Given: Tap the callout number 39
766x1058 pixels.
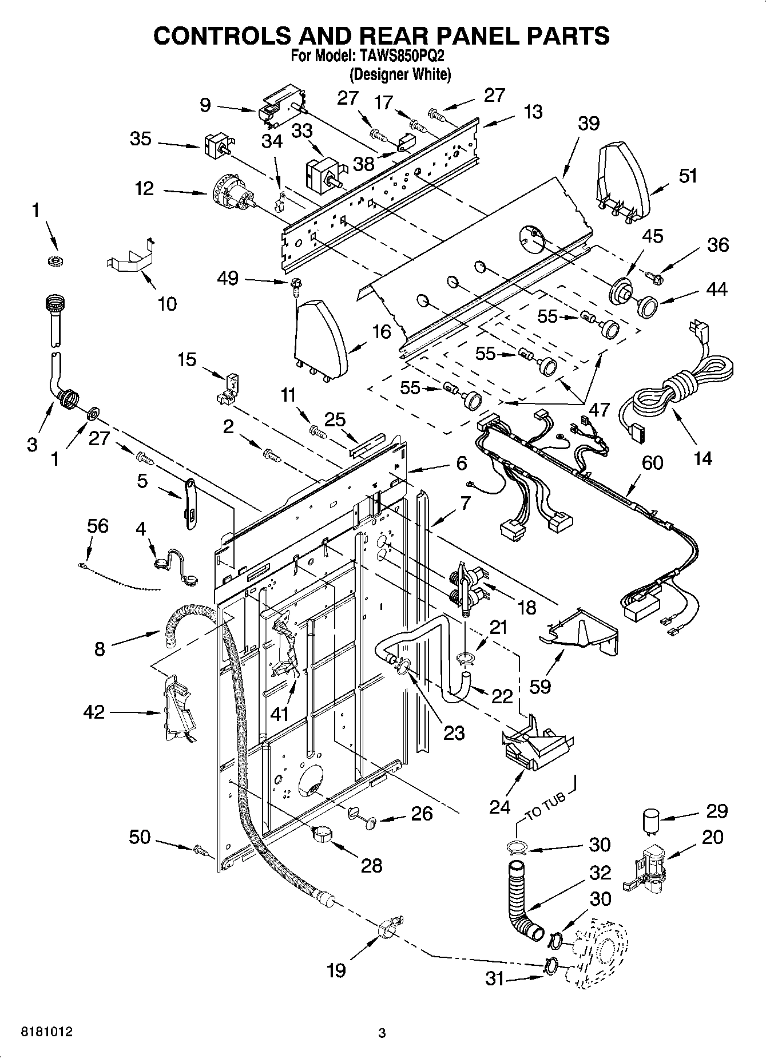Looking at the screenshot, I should coord(588,123).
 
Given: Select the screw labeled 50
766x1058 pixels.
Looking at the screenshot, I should coord(202,851).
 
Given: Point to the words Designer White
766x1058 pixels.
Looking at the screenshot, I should coord(400,74).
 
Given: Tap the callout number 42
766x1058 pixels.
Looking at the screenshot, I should coord(94,712).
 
